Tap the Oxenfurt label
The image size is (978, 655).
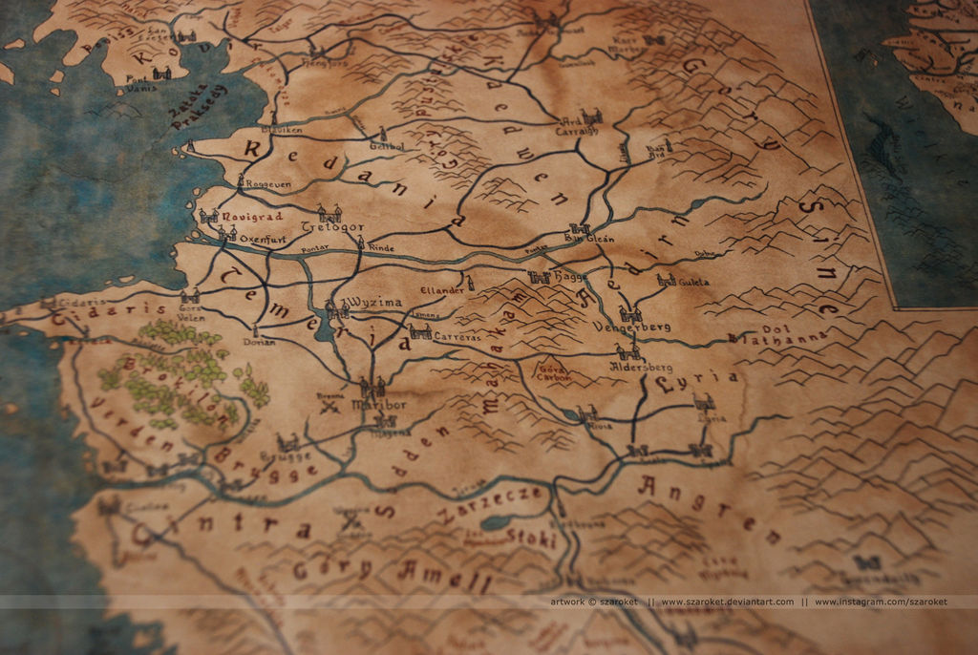264,238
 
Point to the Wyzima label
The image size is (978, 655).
375,302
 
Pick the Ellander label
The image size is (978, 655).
442,289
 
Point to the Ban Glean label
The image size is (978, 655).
592,239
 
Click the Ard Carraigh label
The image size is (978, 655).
576,130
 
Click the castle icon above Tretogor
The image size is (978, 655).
330,212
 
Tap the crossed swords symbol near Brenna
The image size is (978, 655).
331,407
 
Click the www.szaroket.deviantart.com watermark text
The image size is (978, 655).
727,602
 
